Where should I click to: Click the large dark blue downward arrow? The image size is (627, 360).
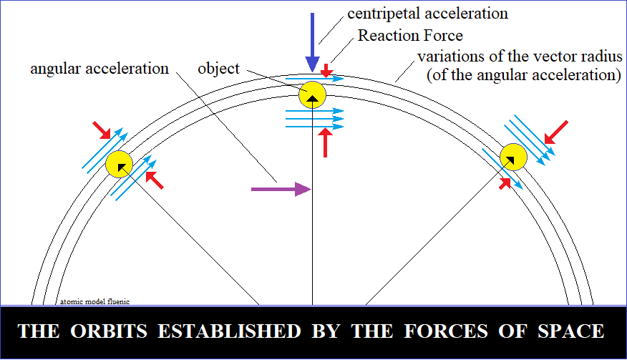point(312,42)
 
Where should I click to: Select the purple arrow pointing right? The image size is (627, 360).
point(281,189)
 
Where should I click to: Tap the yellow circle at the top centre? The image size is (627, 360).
point(312,94)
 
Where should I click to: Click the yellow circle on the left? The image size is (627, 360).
point(119,164)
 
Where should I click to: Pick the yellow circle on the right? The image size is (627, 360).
point(513,157)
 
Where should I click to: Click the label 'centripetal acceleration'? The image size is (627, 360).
point(427,14)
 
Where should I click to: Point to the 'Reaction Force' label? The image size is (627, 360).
point(410,36)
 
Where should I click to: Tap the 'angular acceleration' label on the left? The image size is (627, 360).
point(99,69)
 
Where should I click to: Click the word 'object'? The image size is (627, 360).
point(219,69)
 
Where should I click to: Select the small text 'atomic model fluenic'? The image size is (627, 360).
point(94,301)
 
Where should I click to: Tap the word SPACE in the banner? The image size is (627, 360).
point(570,331)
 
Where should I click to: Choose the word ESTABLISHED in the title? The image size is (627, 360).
point(229,331)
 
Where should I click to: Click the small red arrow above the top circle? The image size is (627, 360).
point(326,70)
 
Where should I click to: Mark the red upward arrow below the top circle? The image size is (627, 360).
point(326,142)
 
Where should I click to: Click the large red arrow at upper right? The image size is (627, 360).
point(556,132)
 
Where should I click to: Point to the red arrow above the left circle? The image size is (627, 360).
point(102,130)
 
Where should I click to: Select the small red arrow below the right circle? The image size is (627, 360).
point(505,184)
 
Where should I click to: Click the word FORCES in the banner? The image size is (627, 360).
point(446,331)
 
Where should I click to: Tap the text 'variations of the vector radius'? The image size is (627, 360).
point(520,57)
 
